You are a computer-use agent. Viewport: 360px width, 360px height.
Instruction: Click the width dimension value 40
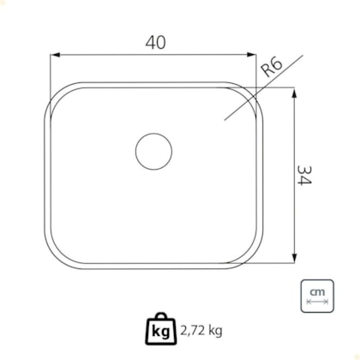coord(155,43)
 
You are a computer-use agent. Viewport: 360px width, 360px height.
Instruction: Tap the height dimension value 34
coord(304,175)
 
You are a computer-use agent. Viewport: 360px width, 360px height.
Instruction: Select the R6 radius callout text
coord(273,67)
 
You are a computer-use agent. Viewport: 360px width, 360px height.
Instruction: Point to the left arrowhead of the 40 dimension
coord(55,55)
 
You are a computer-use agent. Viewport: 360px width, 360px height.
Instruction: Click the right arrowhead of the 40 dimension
coord(251,55)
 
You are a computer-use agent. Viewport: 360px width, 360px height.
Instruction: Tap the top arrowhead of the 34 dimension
coord(295,93)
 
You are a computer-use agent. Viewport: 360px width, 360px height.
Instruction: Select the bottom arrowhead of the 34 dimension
coord(295,257)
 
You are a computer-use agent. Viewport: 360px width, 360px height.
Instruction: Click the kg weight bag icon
coord(161,329)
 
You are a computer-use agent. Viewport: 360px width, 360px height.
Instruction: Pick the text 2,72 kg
coord(201,331)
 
